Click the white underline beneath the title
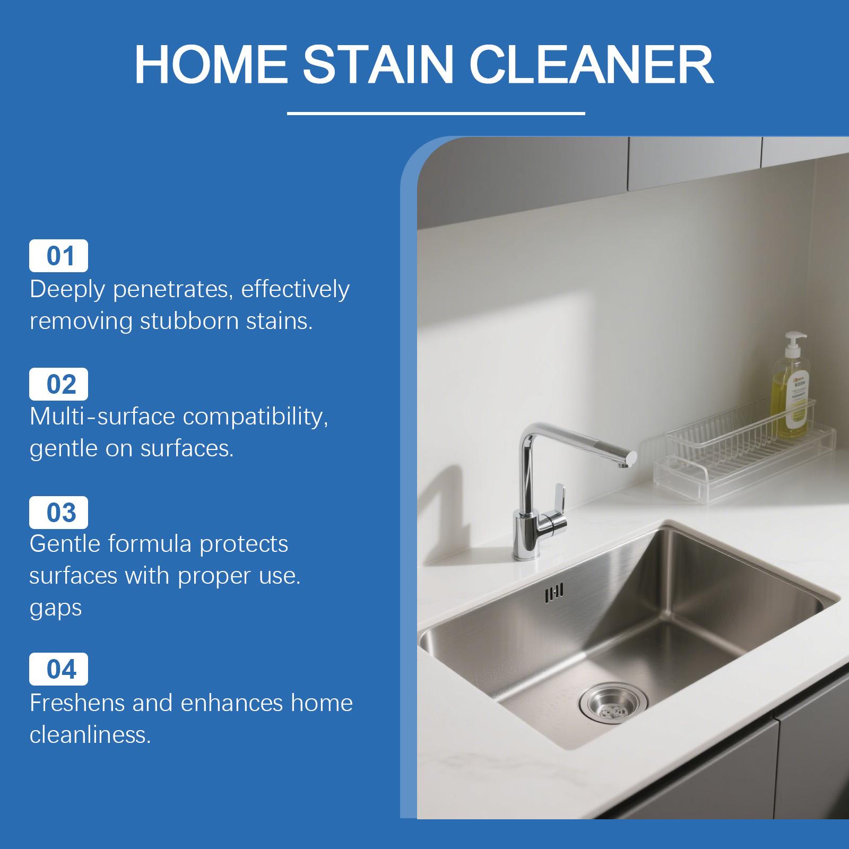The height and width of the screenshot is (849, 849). (x=436, y=113)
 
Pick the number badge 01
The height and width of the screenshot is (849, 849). (x=58, y=256)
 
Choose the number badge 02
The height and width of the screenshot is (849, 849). (x=58, y=384)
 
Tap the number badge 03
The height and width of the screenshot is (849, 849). (x=58, y=513)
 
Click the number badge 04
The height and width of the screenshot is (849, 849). (x=58, y=669)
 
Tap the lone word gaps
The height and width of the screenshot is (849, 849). (x=56, y=608)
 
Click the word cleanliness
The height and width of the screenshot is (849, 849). (x=90, y=735)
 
